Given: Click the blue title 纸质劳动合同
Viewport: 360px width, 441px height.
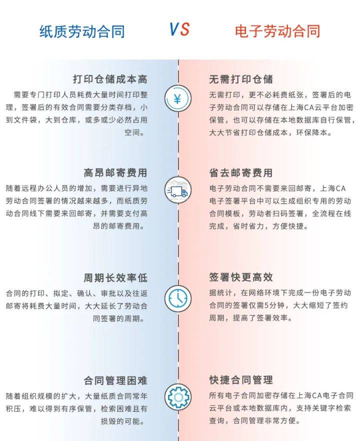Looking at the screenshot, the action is [x=82, y=31].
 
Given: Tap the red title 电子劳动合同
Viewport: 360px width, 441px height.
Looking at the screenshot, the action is [x=277, y=31].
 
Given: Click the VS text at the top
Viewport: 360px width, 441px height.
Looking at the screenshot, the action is [x=179, y=29].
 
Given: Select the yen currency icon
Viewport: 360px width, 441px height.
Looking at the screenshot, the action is [x=178, y=98].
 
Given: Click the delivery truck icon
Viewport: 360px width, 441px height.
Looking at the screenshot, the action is [x=178, y=190].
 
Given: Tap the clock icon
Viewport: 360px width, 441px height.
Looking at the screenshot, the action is [x=178, y=298].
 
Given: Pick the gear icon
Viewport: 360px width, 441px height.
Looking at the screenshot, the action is [x=178, y=397].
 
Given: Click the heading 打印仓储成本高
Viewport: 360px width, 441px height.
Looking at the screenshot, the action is [x=110, y=79].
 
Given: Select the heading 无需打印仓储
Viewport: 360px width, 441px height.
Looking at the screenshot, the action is [x=241, y=79].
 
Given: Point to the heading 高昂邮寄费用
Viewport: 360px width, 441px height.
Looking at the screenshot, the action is [x=115, y=172].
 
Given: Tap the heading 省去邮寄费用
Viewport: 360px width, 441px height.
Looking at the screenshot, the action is [x=241, y=172].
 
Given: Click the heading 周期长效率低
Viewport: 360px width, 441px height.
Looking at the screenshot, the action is [x=115, y=278].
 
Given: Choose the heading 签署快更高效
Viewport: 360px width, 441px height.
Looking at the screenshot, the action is [x=241, y=277].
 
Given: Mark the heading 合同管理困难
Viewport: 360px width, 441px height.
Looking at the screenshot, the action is [x=115, y=380].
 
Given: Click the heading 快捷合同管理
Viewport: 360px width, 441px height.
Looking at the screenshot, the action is [x=241, y=380].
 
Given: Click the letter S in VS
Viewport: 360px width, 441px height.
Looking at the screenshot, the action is [x=185, y=29].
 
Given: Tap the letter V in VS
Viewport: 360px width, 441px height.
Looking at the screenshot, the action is [x=174, y=29].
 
